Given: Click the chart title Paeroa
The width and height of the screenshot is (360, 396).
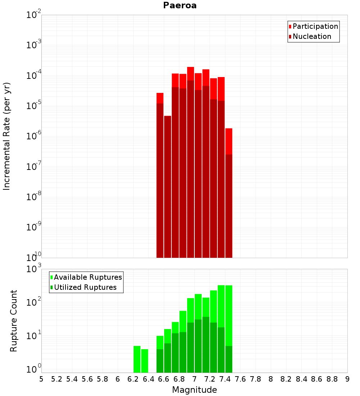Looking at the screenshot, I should pos(180,5).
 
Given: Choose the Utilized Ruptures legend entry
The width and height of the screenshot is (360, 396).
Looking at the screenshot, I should pos(85,287).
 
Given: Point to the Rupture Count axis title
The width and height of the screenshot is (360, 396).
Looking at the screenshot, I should pos(14,321).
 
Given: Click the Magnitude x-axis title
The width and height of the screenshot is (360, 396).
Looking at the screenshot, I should pos(194,390).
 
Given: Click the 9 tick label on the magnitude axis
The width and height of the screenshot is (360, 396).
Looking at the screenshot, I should pos(347,379).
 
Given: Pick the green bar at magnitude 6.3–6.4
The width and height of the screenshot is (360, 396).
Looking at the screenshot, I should pos(145,361).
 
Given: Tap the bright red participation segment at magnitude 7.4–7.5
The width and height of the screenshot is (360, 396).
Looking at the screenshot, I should pos(229,141).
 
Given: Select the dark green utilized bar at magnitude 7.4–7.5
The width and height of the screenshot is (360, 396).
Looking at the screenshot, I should pos(229,359).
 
